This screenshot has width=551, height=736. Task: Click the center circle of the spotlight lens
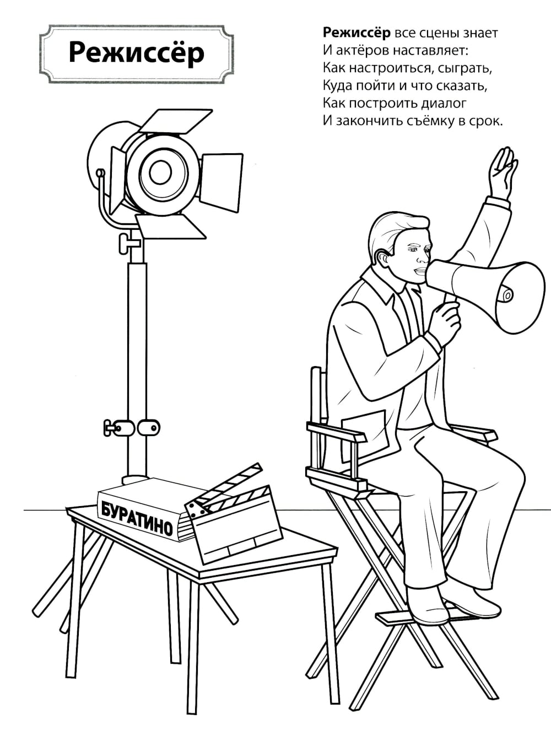(x=161, y=173)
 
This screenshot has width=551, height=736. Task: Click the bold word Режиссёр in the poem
(x=356, y=33)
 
